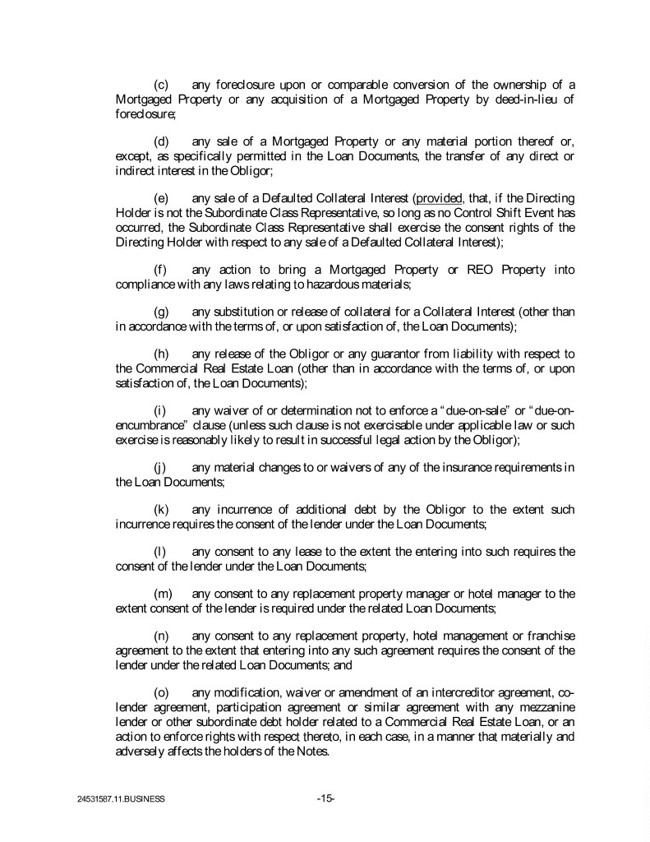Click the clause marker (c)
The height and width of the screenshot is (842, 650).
pyautogui.click(x=162, y=85)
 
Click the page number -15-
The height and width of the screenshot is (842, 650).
pyautogui.click(x=325, y=797)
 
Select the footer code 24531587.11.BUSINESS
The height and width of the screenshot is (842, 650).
pyautogui.click(x=118, y=798)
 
